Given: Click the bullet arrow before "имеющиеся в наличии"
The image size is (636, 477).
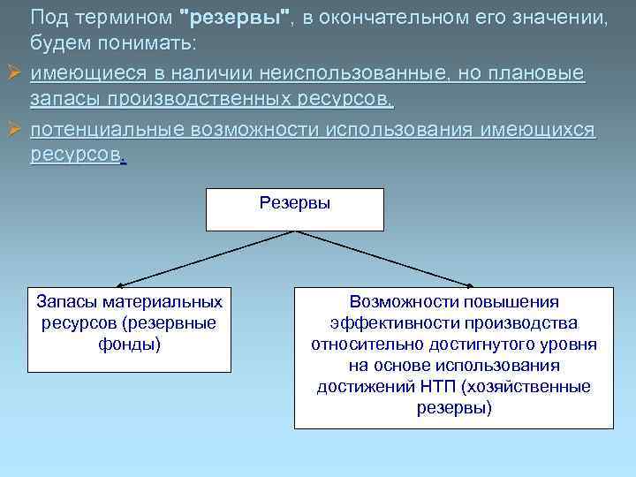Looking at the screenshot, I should click(x=12, y=72).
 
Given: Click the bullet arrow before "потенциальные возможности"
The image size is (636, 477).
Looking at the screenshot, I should click(x=12, y=130).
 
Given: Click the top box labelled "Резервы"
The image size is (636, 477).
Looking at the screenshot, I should click(x=295, y=208).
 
